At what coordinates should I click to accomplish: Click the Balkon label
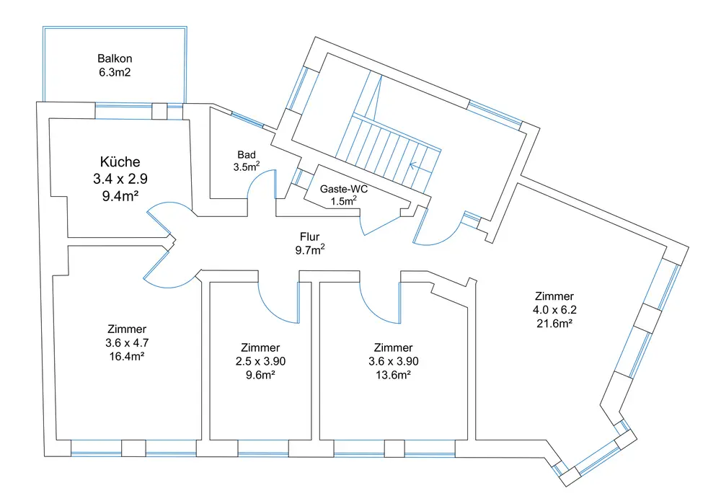pos(115,58)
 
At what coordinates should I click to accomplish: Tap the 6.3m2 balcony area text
pos(115,72)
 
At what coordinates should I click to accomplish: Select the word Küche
pos(120,162)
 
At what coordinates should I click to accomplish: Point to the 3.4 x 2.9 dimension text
pos(120,179)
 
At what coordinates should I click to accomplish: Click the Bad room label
pos(246,155)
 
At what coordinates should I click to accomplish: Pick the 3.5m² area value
pos(246,167)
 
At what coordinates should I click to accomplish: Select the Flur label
pos(310,236)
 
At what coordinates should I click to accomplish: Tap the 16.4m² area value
pos(127,355)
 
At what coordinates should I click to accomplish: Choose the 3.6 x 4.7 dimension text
pos(127,342)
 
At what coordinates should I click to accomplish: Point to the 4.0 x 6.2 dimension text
pos(554,310)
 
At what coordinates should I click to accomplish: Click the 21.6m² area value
pos(554,323)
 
